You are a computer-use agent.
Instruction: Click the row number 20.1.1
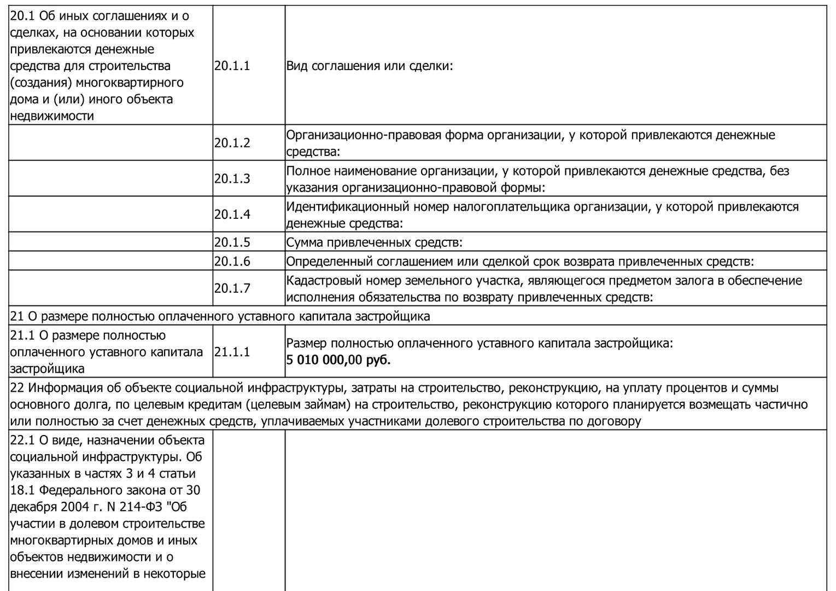coord(232,66)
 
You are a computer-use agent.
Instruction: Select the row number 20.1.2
coord(232,143)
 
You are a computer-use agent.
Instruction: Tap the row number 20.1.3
coord(232,179)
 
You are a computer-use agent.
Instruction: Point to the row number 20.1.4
coord(232,215)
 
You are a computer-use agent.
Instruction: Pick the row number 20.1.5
coord(232,242)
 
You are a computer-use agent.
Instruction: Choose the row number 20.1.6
coord(232,262)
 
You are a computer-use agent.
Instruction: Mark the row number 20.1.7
coord(232,288)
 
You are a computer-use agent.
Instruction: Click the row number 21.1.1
coord(232,352)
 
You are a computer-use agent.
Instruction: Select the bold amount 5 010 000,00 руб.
coord(338,360)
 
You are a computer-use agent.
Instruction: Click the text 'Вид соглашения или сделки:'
coord(370,66)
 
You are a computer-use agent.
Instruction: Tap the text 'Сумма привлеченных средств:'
coord(375,242)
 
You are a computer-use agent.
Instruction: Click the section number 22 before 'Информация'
coord(17,388)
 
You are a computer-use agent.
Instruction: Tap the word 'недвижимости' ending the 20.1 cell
coord(52,116)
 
